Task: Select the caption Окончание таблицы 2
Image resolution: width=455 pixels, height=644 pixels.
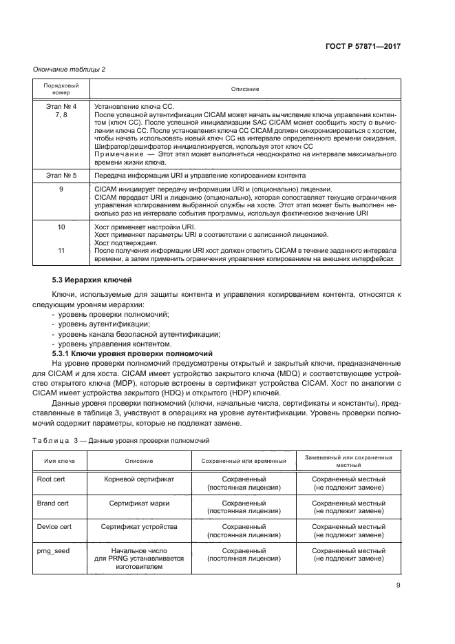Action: point(66,69)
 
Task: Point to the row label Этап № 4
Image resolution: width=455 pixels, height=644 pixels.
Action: point(61,107)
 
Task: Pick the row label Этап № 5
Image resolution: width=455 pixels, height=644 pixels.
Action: point(61,176)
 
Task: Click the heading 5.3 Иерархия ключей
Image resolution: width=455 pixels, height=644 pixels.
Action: point(87,280)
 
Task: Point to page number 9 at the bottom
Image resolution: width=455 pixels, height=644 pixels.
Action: point(398,586)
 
